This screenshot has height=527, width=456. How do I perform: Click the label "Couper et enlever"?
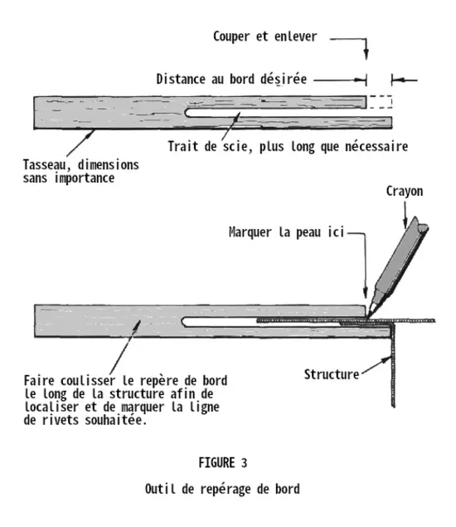click(x=265, y=37)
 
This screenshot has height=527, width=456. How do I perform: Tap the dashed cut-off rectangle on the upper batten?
click(x=379, y=102)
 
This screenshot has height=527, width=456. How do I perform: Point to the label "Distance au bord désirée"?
click(x=231, y=80)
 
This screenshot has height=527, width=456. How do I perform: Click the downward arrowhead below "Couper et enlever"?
click(x=366, y=55)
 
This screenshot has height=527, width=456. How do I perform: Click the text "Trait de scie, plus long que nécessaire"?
click(x=288, y=147)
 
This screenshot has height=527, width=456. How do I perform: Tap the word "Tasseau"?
click(x=45, y=165)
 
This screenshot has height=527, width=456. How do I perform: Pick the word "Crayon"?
click(x=405, y=191)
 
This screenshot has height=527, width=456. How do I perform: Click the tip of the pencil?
click(x=368, y=316)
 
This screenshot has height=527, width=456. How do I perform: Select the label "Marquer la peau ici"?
click(x=286, y=232)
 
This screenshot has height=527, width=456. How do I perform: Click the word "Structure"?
click(x=332, y=374)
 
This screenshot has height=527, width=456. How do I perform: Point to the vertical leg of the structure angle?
click(x=393, y=364)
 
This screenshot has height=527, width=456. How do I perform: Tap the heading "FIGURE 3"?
click(x=223, y=463)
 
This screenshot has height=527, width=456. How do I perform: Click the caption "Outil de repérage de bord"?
click(x=222, y=489)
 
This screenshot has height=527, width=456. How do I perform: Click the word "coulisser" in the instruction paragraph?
click(x=88, y=381)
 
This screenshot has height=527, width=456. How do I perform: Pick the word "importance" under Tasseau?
click(x=85, y=178)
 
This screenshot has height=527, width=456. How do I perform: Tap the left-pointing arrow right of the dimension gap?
click(x=405, y=80)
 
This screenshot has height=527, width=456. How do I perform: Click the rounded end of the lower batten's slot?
click(x=183, y=322)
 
